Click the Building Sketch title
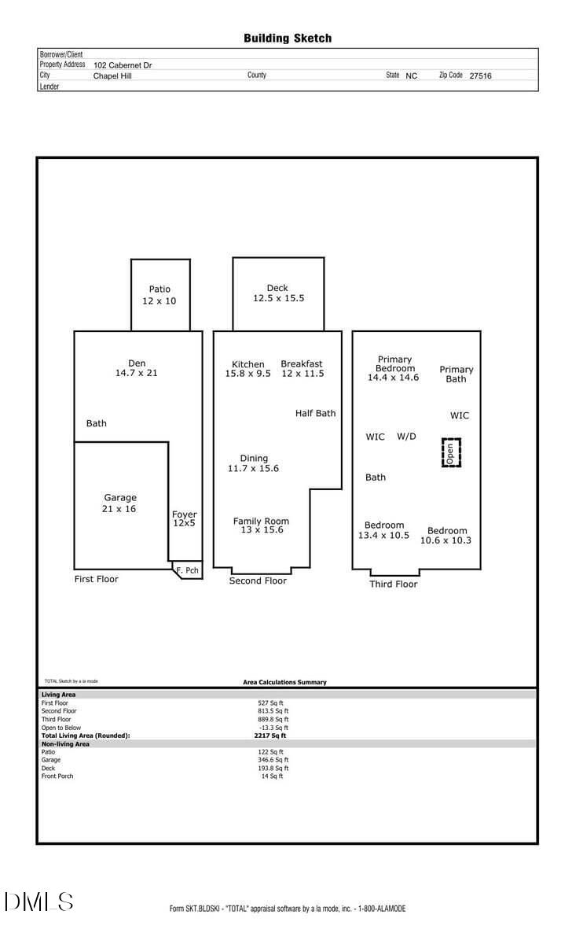[288, 39]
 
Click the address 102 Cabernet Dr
[123, 65]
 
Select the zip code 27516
[480, 76]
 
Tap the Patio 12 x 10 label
[159, 295]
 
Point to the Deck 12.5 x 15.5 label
[278, 293]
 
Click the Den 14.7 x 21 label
[137, 368]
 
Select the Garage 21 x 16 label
[119, 503]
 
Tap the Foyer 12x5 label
[185, 518]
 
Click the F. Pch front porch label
[187, 570]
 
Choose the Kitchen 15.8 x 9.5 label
[248, 369]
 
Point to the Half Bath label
[315, 414]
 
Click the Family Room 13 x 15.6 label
[262, 525]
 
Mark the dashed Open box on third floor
[451, 452]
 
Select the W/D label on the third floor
[406, 437]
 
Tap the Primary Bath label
[456, 374]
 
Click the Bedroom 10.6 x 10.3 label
[445, 536]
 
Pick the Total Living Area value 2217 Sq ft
[269, 736]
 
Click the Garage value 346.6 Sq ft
[273, 760]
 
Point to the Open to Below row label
[61, 728]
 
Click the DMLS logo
[38, 902]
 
